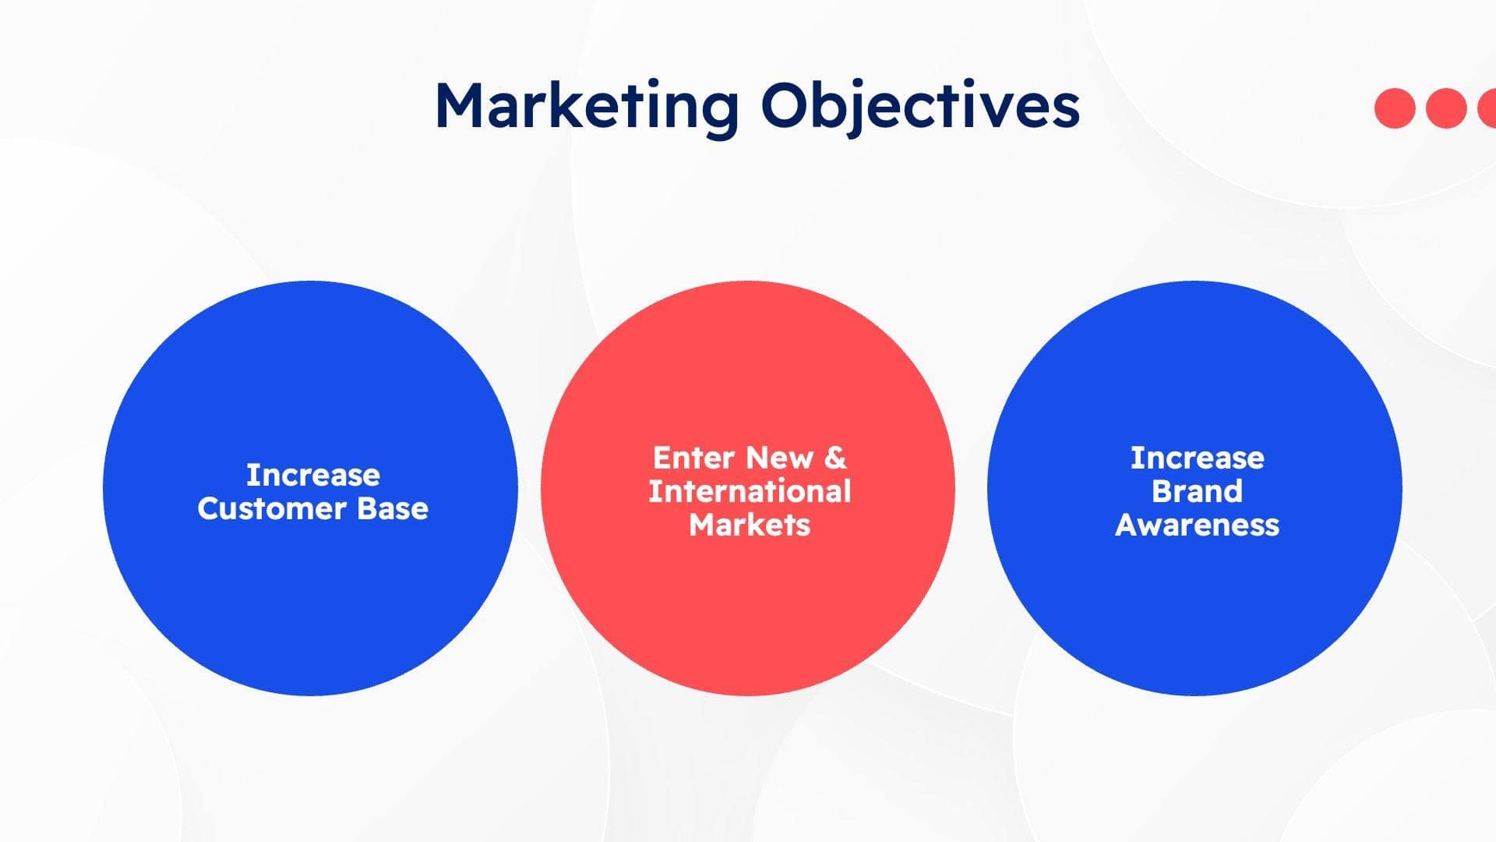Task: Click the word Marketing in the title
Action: [x=586, y=107]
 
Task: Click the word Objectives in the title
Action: [x=920, y=107]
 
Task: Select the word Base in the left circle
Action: [x=393, y=509]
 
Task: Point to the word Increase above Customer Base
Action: [x=313, y=475]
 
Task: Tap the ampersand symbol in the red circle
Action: [x=834, y=458]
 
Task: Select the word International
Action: [x=750, y=492]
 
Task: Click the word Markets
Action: [x=750, y=525]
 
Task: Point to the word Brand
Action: [x=1197, y=492]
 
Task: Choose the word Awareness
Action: [x=1197, y=525]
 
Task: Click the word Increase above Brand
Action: [x=1197, y=458]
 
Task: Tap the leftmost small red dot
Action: [x=1395, y=108]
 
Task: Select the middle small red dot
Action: [x=1446, y=108]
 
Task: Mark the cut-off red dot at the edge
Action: [x=1488, y=108]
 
